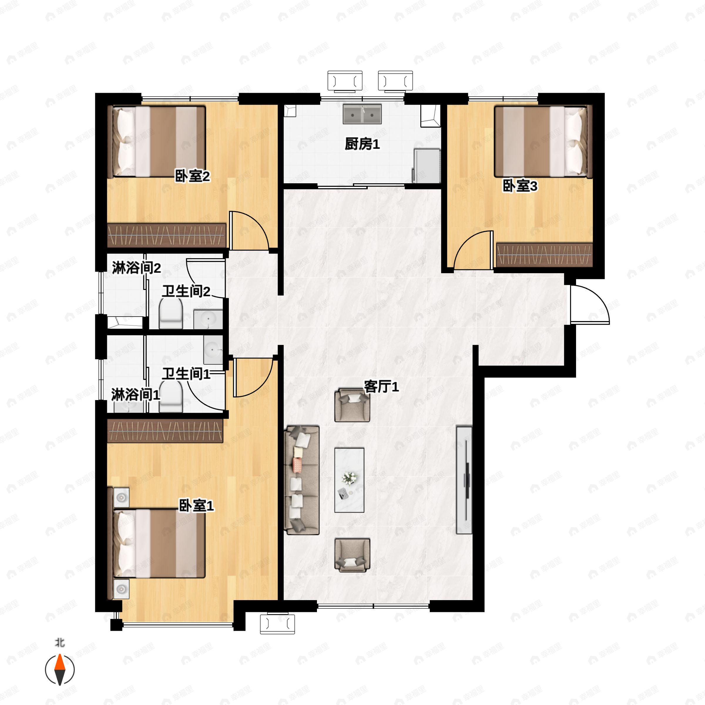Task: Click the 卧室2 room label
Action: (192, 177)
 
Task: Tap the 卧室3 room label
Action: (520, 186)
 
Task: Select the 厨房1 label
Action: (362, 145)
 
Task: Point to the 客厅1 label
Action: (381, 387)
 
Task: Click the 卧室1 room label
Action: (196, 506)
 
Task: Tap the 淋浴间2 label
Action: (136, 268)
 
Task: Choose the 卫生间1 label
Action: (186, 374)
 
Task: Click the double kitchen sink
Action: (362, 114)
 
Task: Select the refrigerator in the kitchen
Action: (427, 165)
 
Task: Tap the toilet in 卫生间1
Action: (171, 396)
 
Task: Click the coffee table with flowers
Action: (349, 480)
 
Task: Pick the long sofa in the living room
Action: (302, 480)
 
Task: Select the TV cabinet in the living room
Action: (464, 480)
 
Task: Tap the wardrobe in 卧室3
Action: (544, 254)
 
